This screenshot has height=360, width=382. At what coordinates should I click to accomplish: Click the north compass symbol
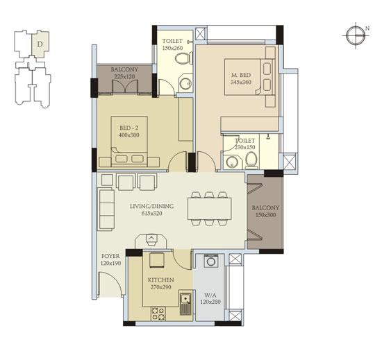point(356,35)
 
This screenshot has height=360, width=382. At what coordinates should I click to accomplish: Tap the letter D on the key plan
point(40,44)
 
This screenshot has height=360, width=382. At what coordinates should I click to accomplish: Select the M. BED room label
point(241,75)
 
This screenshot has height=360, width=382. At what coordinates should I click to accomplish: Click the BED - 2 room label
point(129,128)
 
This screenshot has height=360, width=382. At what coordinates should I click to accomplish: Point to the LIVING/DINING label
point(152,207)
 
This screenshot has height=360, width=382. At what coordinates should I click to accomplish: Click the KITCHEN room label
point(161,280)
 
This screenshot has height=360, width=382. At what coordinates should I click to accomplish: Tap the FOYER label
point(110,256)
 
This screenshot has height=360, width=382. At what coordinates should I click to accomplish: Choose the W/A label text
point(210,295)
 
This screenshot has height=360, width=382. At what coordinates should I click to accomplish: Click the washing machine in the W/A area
point(210,261)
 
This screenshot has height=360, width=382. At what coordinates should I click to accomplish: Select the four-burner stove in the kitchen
point(158,314)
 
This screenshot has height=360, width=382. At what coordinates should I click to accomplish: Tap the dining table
point(210,209)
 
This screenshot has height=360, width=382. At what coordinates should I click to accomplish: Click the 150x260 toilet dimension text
point(172,48)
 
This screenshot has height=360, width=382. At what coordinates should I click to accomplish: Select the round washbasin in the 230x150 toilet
point(231,162)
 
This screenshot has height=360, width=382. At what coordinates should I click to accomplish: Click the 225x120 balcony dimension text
point(124,76)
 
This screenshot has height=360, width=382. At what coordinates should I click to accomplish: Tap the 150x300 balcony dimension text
point(265,215)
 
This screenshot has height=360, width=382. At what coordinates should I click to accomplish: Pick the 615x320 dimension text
point(152,214)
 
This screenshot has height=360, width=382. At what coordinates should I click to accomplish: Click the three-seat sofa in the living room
point(106,209)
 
